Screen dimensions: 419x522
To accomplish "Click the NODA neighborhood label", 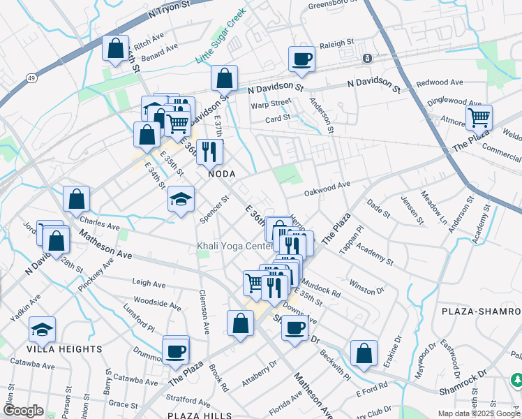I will coord(219,174).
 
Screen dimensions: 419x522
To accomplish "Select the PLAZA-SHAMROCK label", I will coord(481,310).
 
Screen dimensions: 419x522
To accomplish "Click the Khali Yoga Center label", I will coord(234,247).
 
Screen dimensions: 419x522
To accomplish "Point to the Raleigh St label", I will coord(337,44).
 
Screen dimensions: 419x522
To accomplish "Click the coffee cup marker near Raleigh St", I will coord(301,59).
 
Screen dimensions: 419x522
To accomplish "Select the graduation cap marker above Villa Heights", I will coord(43,329).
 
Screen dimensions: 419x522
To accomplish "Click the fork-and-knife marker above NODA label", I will coord(209,151).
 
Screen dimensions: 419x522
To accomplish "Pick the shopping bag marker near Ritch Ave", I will coord(115,48).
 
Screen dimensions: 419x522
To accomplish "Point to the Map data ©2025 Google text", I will coord(479,413).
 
